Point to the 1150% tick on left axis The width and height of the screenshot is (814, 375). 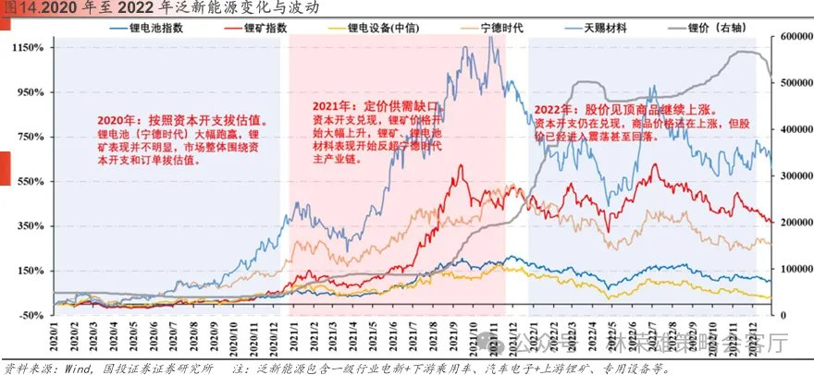[28, 47]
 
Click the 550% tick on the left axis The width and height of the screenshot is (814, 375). [31, 181]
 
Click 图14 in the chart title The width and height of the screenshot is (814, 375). [19, 8]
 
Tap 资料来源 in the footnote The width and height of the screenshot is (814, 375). [25, 368]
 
